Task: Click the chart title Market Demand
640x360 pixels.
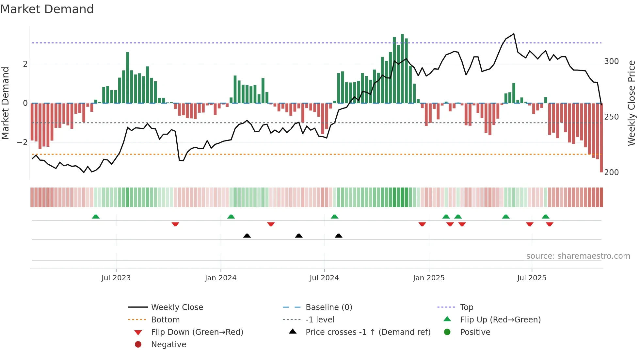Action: tap(47, 9)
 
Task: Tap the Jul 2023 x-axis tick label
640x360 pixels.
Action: tap(116, 278)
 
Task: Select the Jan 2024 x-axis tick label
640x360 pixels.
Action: tap(220, 278)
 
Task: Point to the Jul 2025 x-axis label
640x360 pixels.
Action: tap(532, 278)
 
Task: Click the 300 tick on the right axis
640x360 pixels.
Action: tap(611, 61)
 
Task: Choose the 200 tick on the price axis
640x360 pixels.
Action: tap(611, 172)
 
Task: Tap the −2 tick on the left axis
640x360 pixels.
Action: tap(23, 142)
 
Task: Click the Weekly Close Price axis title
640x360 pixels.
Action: tap(632, 103)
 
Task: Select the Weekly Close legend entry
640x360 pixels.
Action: tap(177, 307)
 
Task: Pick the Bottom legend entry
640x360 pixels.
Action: tap(165, 320)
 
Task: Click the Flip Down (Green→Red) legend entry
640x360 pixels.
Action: tap(197, 332)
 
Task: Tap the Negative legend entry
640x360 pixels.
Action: tap(168, 345)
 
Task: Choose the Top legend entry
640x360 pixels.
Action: tap(467, 307)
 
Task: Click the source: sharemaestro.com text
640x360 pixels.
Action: tap(578, 256)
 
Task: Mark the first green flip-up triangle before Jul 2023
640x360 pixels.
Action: tap(96, 217)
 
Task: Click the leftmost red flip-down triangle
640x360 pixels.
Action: tap(175, 224)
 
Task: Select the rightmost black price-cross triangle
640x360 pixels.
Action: tap(339, 236)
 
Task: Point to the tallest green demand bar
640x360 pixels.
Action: tap(402, 69)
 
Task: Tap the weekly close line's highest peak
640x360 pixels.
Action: tap(514, 34)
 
